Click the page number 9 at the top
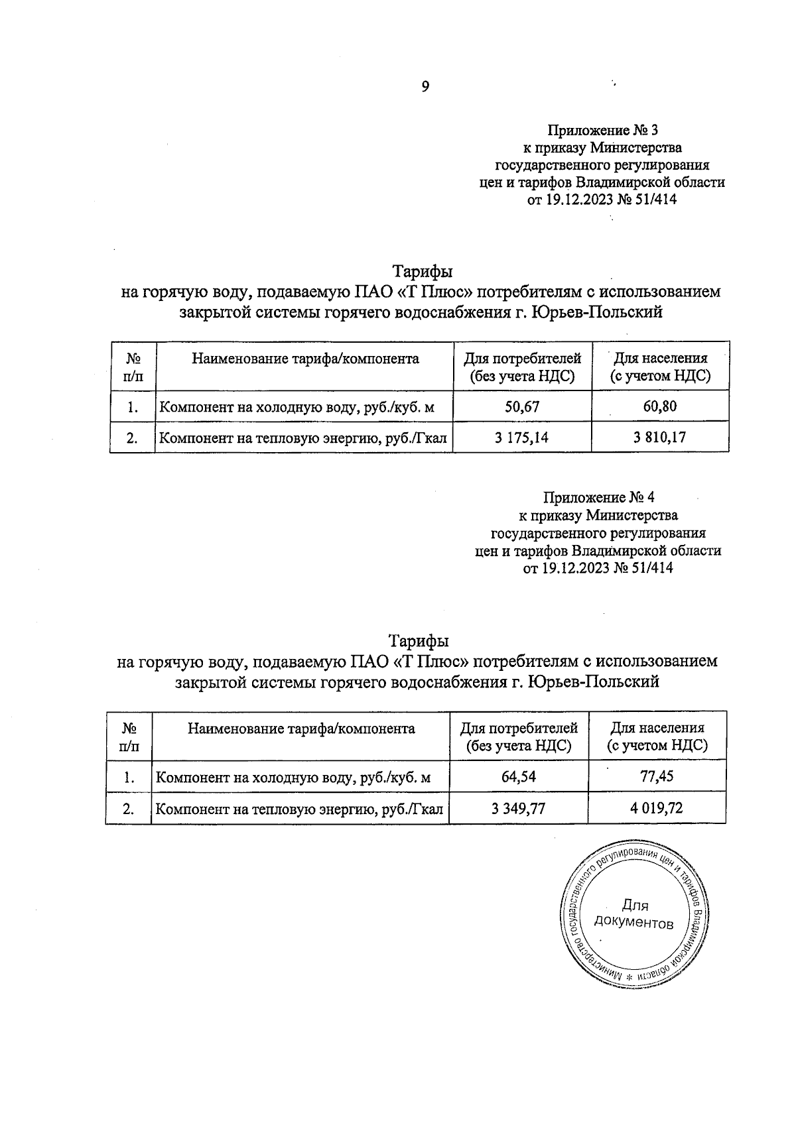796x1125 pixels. pyautogui.click(x=425, y=87)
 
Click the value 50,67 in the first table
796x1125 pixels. pyautogui.click(x=522, y=406)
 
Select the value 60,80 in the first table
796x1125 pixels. pyautogui.click(x=660, y=406)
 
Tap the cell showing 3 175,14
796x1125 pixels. pyautogui.click(x=522, y=438)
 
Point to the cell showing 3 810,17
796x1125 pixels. pyautogui.click(x=660, y=438)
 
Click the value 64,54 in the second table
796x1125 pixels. pyautogui.click(x=518, y=776)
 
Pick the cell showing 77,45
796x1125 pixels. pyautogui.click(x=657, y=776)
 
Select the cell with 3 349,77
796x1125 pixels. pyautogui.click(x=518, y=808)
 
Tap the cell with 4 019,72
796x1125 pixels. pyautogui.click(x=657, y=808)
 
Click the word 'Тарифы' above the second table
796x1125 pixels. pyautogui.click(x=419, y=641)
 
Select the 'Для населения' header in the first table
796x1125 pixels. pyautogui.click(x=660, y=367)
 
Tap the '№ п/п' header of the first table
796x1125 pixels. pyautogui.click(x=133, y=367)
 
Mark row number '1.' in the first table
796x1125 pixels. pyautogui.click(x=133, y=406)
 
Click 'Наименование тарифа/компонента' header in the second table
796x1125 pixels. pyautogui.click(x=301, y=729)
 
